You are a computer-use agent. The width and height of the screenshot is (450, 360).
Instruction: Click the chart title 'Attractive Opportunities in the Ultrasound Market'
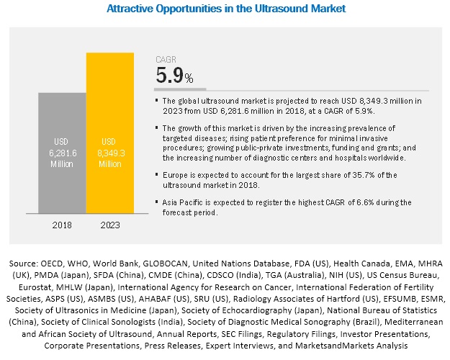tap(225, 9)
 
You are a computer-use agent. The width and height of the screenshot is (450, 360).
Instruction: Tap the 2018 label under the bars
tap(62, 225)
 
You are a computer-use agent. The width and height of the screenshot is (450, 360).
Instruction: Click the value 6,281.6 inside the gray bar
tap(62, 152)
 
